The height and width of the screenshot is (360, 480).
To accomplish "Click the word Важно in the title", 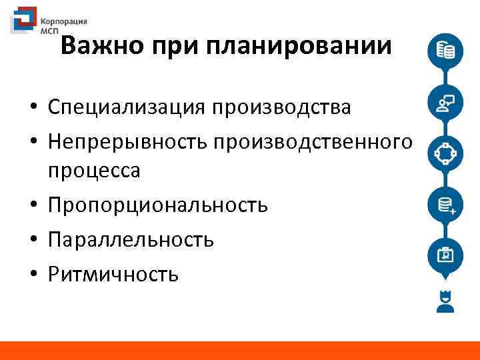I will [101, 47].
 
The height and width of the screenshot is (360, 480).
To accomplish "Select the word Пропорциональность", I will [157, 205].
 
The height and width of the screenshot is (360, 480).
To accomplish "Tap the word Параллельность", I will [131, 239].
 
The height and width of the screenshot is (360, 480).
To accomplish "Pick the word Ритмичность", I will [113, 273].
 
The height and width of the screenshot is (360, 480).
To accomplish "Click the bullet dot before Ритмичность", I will [31, 274].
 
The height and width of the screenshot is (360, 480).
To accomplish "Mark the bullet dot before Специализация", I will [31, 107].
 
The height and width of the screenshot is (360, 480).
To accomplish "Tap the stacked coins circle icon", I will [444, 51].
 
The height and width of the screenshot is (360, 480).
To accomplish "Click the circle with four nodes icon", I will [444, 154].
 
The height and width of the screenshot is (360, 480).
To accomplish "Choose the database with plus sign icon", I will [444, 205].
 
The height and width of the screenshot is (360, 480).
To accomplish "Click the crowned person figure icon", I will [444, 301].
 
